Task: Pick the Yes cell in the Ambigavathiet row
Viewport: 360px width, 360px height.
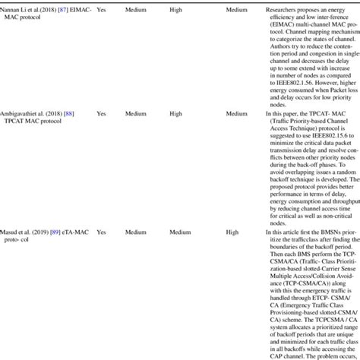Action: [101, 113]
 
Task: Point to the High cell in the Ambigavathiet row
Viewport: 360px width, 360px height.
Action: [176, 113]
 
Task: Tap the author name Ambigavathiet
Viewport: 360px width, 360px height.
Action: [24, 113]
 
